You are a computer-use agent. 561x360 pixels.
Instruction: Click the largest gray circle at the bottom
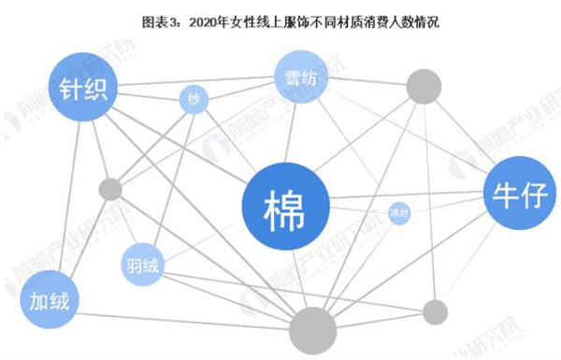pos(313,331)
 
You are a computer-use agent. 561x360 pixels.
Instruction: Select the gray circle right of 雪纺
pos(422,85)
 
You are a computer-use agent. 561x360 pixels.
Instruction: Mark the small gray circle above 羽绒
pos(110,190)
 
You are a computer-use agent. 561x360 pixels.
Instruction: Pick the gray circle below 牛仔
pos(435,311)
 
